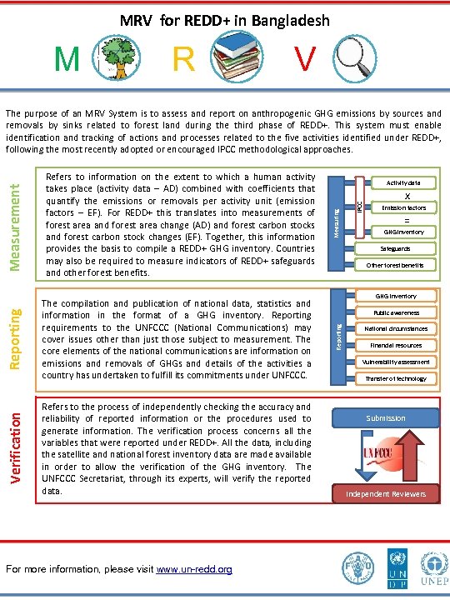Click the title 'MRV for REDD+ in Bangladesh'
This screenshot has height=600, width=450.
coord(225,20)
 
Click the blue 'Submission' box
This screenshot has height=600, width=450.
coord(386,417)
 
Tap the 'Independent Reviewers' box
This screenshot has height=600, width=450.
coord(386,494)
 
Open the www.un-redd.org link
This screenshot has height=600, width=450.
coord(194,570)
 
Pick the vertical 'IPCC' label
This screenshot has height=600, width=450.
coord(360,205)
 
